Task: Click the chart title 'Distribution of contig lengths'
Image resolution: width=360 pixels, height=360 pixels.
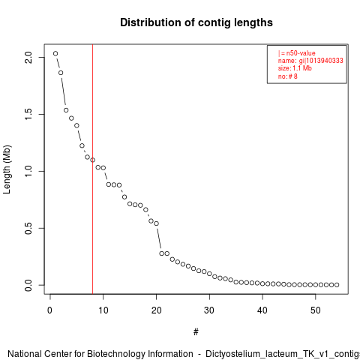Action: pyautogui.click(x=196, y=22)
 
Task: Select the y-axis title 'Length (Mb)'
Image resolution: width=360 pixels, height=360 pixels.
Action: pyautogui.click(x=7, y=169)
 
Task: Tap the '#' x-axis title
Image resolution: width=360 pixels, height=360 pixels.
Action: pyautogui.click(x=196, y=332)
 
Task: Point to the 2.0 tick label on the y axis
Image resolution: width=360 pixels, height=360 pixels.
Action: pyautogui.click(x=28, y=57)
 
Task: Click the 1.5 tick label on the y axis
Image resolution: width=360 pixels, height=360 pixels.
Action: pyautogui.click(x=28, y=114)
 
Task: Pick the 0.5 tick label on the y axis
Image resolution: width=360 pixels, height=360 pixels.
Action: pyautogui.click(x=28, y=228)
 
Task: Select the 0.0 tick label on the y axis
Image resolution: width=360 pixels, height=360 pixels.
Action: pyautogui.click(x=28, y=285)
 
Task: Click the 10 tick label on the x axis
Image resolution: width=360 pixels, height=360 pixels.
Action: pyautogui.click(x=103, y=310)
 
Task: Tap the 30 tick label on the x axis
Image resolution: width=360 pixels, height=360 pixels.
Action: pyautogui.click(x=209, y=310)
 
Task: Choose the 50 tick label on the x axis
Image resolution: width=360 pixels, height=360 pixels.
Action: pyautogui.click(x=316, y=310)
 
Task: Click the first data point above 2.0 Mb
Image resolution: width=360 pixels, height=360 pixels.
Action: pyautogui.click(x=55, y=53)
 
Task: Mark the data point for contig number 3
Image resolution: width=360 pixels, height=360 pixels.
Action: pyautogui.click(x=66, y=110)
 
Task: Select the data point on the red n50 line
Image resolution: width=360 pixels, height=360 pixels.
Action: pyautogui.click(x=92, y=160)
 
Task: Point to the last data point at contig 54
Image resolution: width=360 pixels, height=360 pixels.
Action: pyautogui.click(x=337, y=285)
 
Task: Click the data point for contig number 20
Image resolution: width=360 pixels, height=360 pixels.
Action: pyautogui.click(x=156, y=223)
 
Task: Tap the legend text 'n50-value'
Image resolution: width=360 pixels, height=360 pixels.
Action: pyautogui.click(x=301, y=53)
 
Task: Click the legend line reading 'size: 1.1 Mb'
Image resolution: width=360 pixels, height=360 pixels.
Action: pyautogui.click(x=295, y=68)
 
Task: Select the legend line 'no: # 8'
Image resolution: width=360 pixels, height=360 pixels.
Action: pyautogui.click(x=288, y=76)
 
